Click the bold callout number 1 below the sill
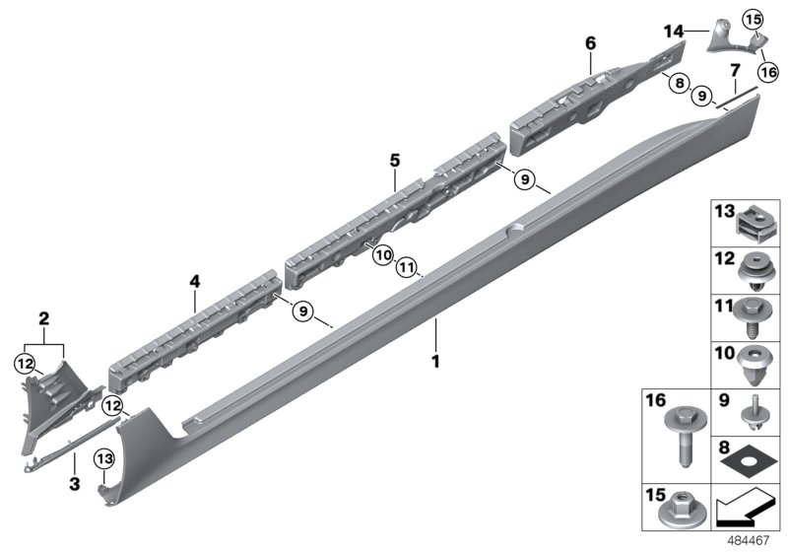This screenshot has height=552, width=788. pyautogui.click(x=433, y=361)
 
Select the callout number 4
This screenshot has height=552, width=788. pyautogui.click(x=195, y=282)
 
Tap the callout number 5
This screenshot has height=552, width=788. pyautogui.click(x=394, y=159)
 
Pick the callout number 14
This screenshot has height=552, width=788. pyautogui.click(x=673, y=32)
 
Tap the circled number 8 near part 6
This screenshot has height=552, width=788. pyautogui.click(x=679, y=85)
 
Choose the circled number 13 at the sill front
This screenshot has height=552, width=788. pyautogui.click(x=102, y=457)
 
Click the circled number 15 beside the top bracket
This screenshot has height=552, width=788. pyautogui.click(x=753, y=19)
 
